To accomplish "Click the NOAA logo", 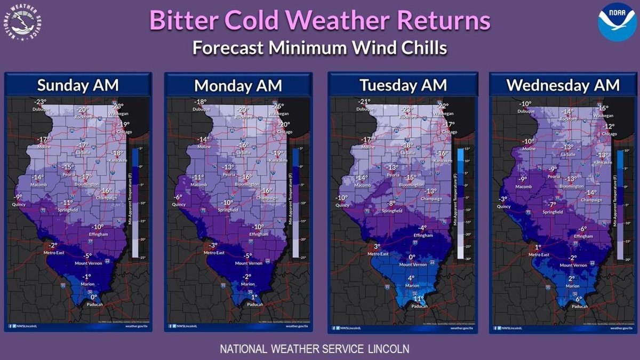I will click(x=617, y=22).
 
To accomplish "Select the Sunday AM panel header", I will click(x=78, y=85).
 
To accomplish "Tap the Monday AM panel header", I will click(x=237, y=85).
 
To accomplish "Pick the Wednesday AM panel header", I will click(x=563, y=85).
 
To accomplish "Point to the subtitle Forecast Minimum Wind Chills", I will click(x=319, y=47).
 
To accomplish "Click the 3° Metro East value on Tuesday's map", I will click(x=375, y=246).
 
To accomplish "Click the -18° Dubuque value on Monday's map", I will click(x=201, y=102).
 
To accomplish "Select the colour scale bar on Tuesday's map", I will click(x=460, y=203).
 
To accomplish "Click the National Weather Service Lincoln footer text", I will click(x=315, y=349).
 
